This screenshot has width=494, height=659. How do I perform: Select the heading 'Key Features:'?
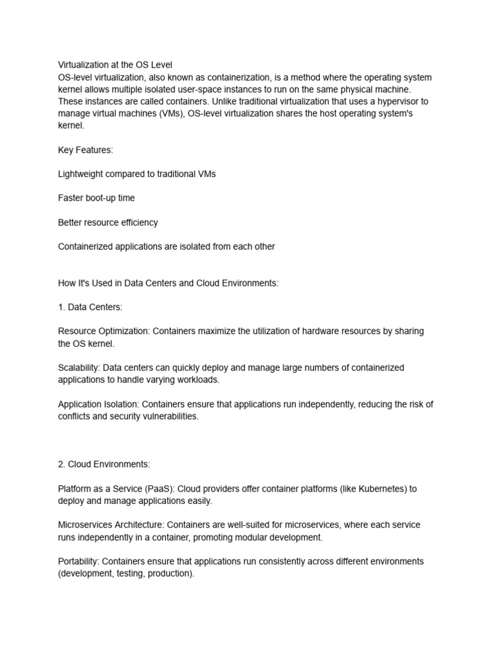point(85,150)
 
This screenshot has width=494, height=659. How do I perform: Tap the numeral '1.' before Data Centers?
point(62,308)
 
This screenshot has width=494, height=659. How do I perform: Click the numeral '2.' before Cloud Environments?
point(62,465)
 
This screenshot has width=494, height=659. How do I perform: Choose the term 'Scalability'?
point(78,368)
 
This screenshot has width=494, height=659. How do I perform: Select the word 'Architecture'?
point(143,525)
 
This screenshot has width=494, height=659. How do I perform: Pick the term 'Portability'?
point(78,561)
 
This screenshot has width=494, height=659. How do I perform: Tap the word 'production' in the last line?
point(170,573)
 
